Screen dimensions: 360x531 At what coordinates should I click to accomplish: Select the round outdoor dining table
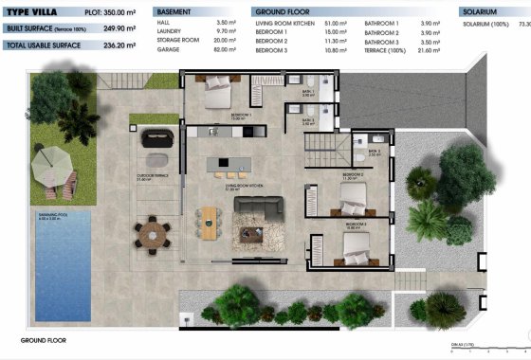coord(152,229)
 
